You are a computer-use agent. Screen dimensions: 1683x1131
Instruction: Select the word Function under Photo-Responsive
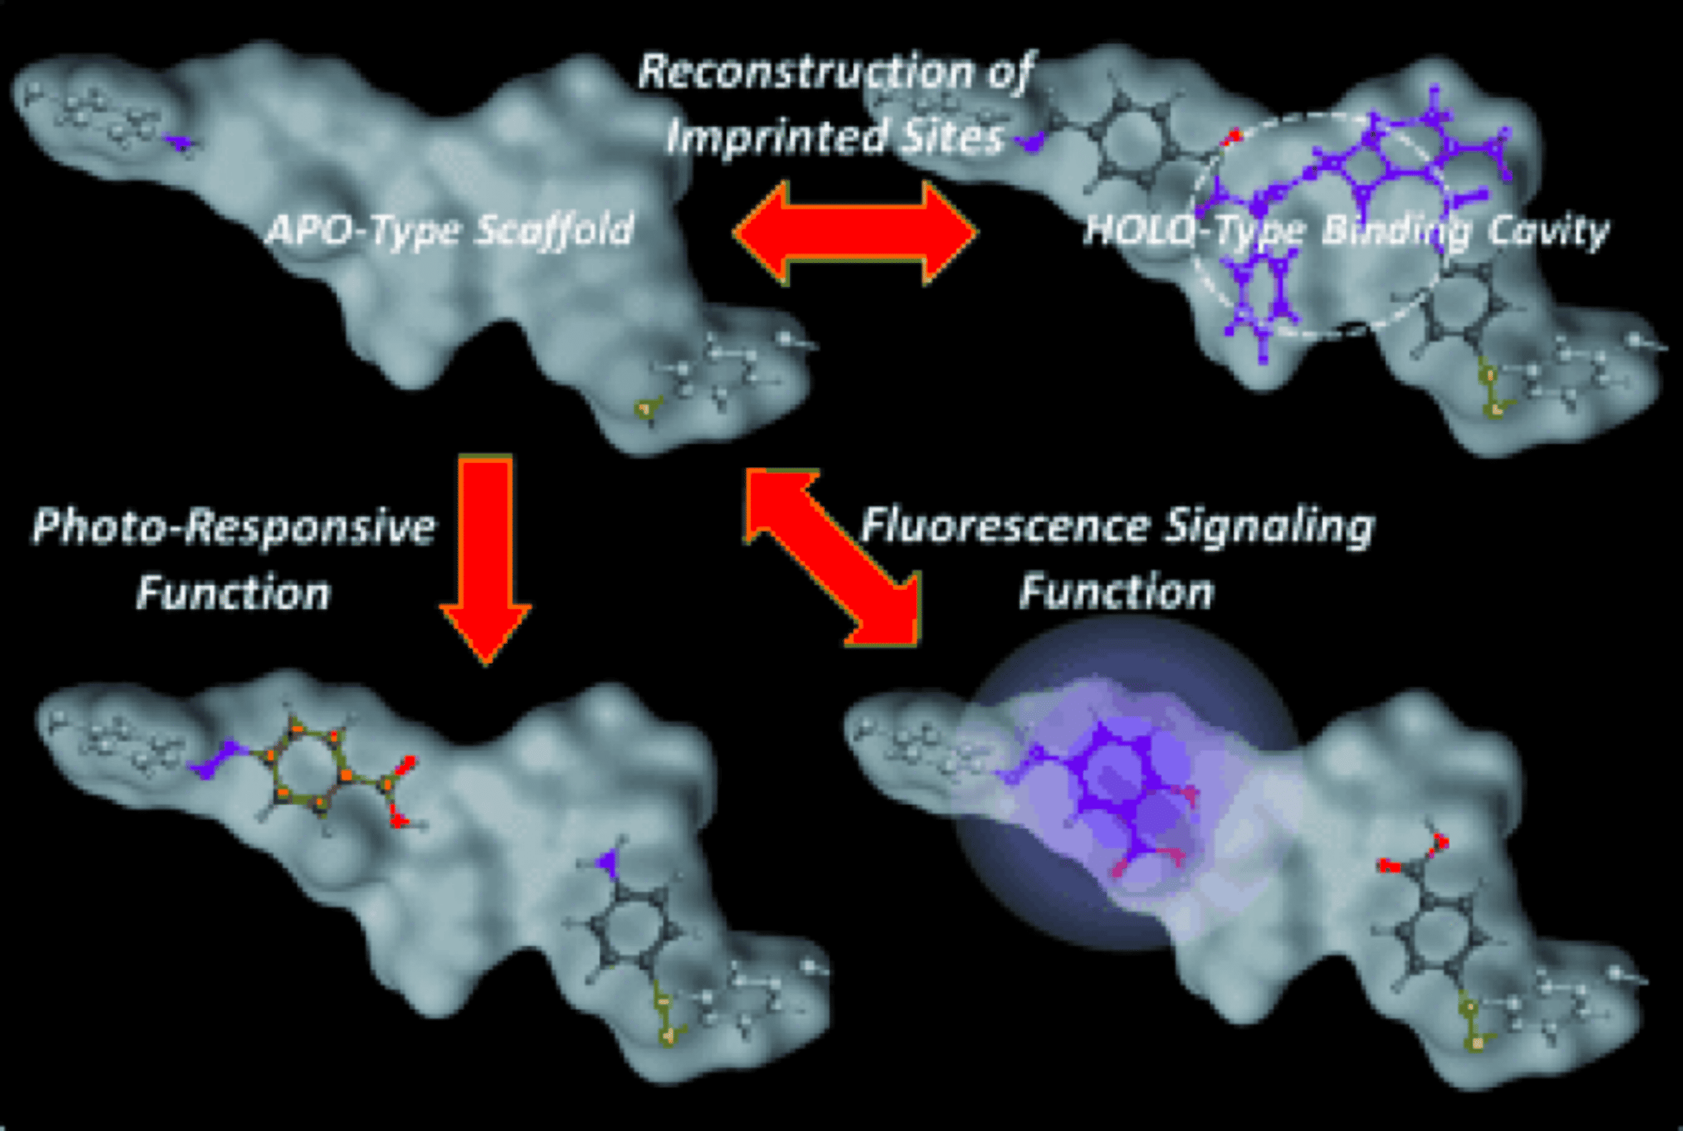point(233,593)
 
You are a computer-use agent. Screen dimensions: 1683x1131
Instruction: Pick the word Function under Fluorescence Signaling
point(1116,591)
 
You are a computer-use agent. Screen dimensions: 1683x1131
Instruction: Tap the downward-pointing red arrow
point(485,559)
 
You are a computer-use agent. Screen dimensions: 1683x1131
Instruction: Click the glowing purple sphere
point(1125,783)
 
